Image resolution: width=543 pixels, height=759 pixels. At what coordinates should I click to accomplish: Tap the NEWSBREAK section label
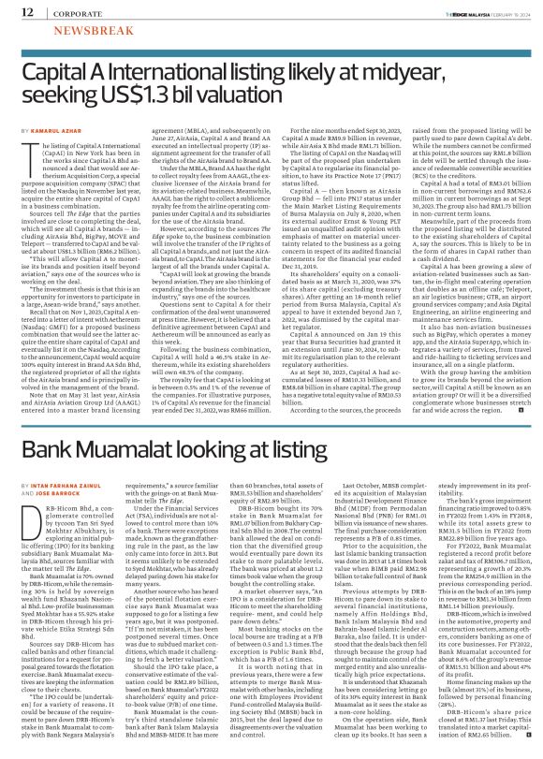pyautogui.click(x=70, y=30)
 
